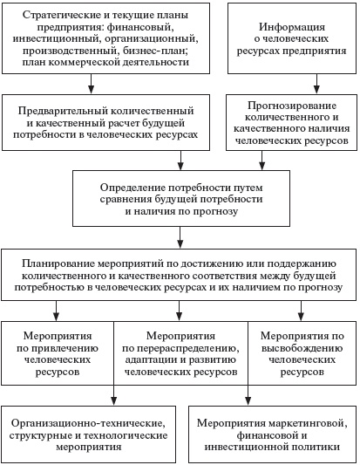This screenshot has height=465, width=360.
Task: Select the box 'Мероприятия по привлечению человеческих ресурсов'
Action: point(58,352)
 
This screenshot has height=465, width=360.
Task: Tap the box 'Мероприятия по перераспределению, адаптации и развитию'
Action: point(181,352)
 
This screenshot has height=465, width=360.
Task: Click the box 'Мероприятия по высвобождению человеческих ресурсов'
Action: point(302,352)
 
